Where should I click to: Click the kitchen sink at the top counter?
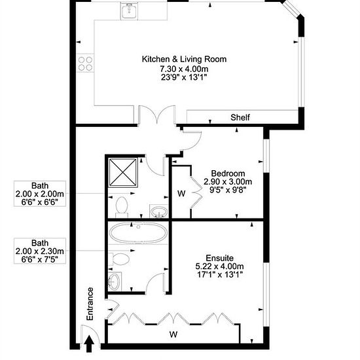click(x=129, y=10)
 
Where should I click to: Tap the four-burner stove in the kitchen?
click(x=85, y=63)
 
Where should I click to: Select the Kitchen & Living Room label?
click(x=184, y=59)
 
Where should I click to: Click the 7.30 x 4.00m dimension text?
click(x=184, y=69)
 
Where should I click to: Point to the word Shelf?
click(x=240, y=117)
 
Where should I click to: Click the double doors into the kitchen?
click(x=157, y=114)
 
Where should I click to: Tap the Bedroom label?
click(x=228, y=173)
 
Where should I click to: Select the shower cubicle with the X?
click(x=123, y=173)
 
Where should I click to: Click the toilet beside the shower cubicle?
click(x=122, y=207)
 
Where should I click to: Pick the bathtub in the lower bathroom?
click(x=139, y=232)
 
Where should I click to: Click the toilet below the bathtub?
click(x=119, y=259)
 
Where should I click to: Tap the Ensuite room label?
click(x=220, y=258)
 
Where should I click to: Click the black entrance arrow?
click(x=89, y=344)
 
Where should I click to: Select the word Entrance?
click(x=90, y=304)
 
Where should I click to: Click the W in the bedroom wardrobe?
click(x=181, y=194)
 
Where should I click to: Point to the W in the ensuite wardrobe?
click(x=173, y=334)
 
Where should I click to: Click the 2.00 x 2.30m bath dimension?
click(x=40, y=251)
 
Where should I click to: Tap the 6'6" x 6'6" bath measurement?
click(x=40, y=202)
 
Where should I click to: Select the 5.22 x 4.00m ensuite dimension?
click(x=220, y=266)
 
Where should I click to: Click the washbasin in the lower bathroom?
click(x=115, y=281)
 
